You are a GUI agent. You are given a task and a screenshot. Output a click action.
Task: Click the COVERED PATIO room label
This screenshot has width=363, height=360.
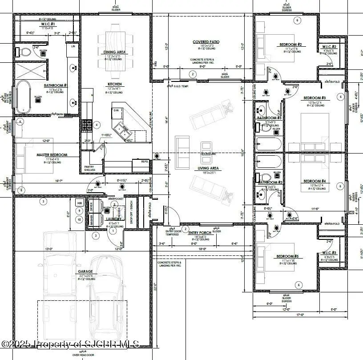pos(206,42)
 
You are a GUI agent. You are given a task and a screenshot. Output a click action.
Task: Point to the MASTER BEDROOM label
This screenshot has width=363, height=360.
pos(52,155)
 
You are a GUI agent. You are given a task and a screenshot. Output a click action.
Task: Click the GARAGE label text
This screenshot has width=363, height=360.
pos(85,271)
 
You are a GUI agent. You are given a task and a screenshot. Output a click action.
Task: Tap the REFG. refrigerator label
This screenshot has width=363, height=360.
pos(144,162)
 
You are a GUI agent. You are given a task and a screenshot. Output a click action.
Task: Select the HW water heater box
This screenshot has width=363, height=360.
pos(80,202)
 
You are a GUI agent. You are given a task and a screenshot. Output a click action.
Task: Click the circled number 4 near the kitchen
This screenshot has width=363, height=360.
pos(97,125)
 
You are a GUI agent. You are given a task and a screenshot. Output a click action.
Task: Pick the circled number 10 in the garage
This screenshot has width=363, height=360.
pos(79,219)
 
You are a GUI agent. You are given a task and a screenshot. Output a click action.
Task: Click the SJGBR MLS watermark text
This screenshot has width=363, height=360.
pos(71,344)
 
